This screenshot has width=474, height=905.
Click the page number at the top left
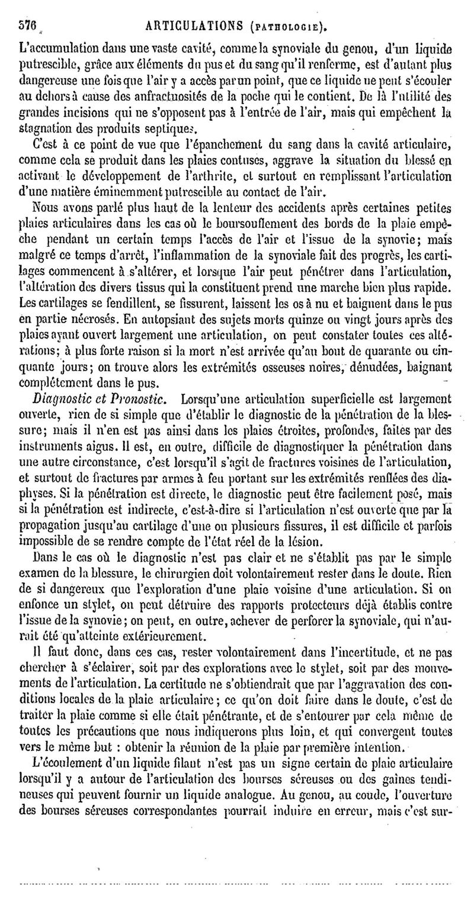pyautogui.click(x=28, y=27)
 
